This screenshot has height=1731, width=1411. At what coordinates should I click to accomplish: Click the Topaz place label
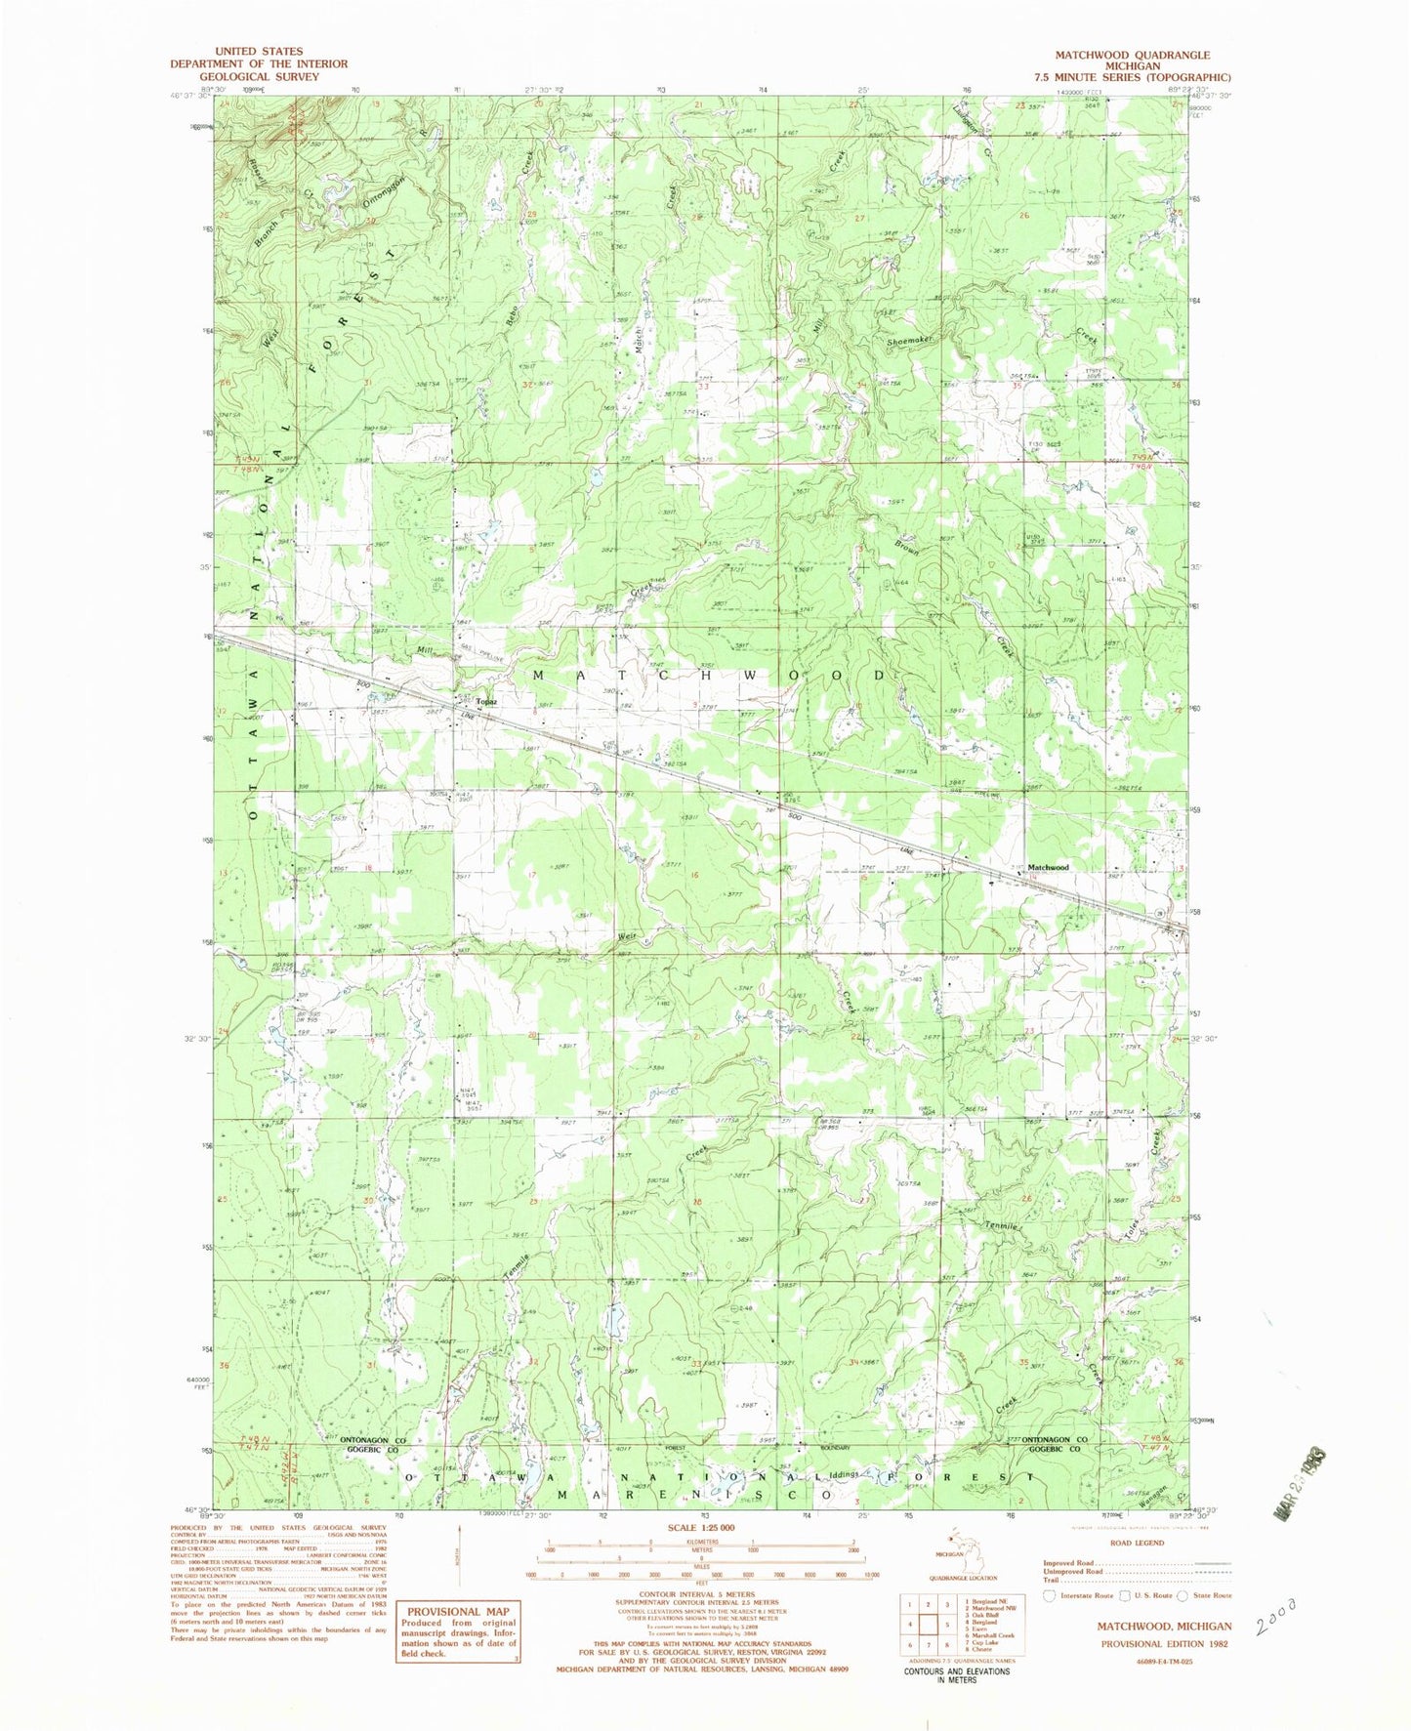(487, 702)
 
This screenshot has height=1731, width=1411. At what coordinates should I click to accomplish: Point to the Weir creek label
(626, 936)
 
